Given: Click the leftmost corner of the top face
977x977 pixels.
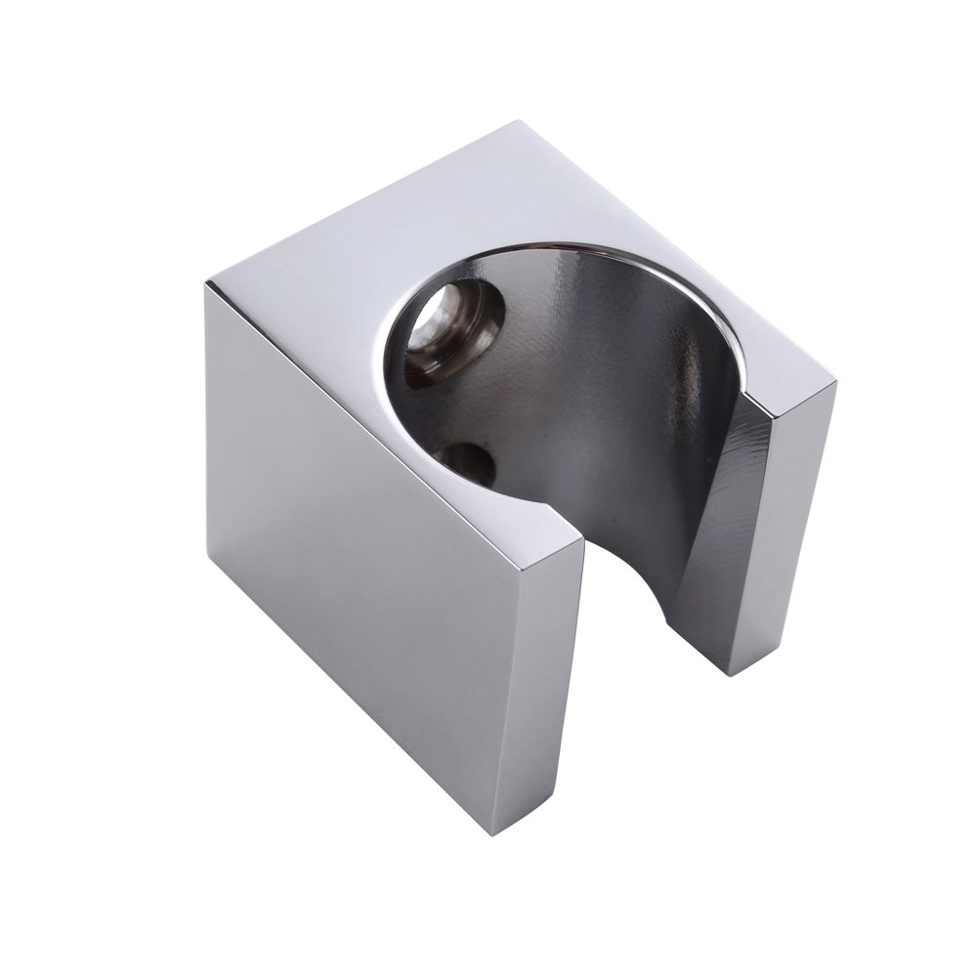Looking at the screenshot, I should pyautogui.click(x=207, y=284).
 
